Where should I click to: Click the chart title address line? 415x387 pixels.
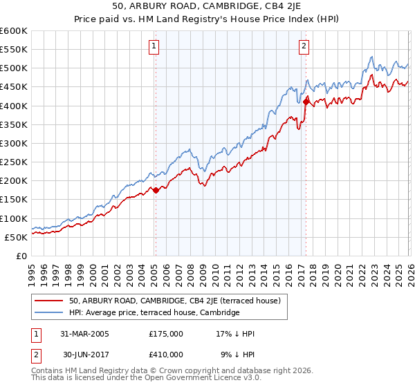click(x=207, y=6)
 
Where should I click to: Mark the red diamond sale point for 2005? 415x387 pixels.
click(x=156, y=190)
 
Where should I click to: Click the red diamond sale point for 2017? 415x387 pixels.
click(x=306, y=102)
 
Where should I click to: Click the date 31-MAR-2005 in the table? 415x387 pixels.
click(x=86, y=334)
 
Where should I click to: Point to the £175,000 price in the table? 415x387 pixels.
click(x=166, y=334)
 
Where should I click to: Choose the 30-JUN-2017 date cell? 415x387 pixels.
click(x=86, y=354)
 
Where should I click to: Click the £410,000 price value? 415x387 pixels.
click(x=166, y=354)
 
